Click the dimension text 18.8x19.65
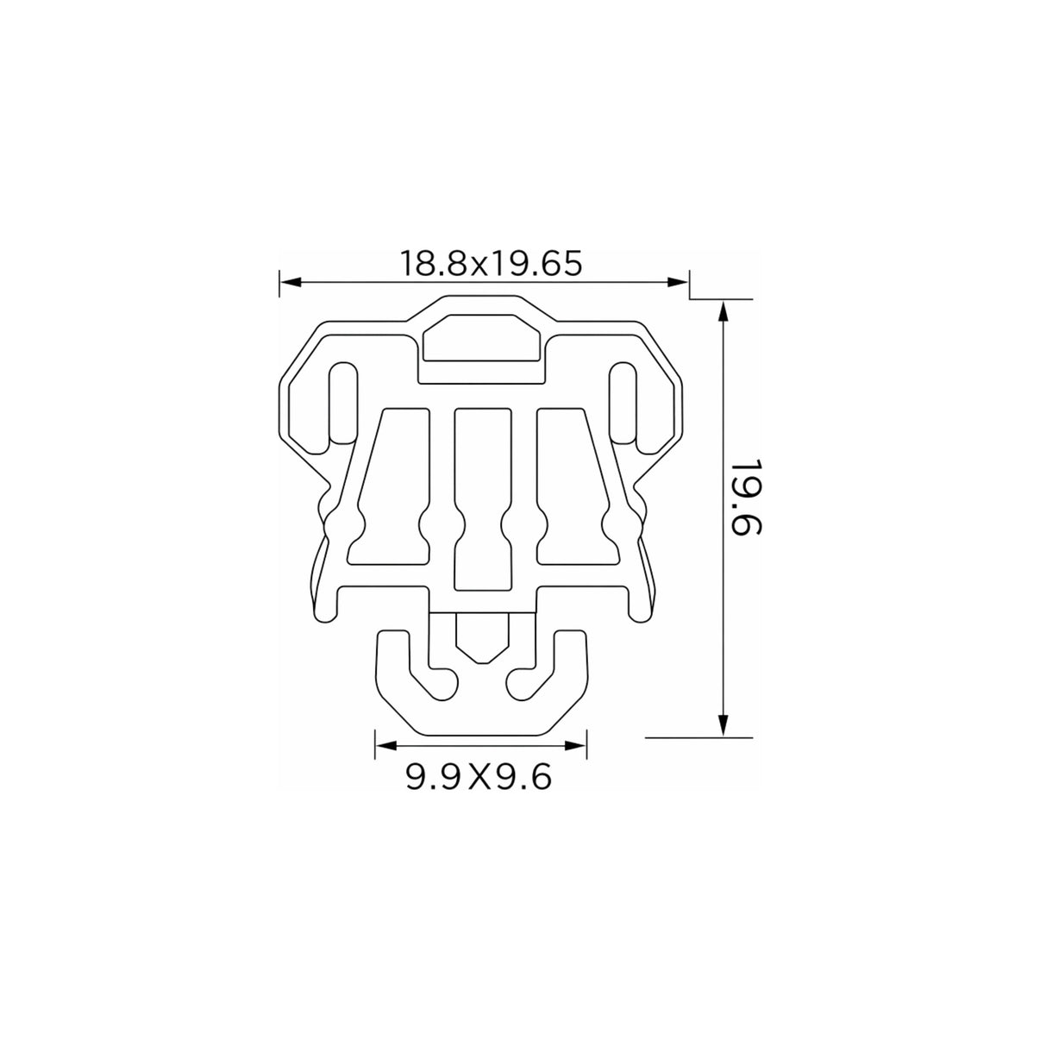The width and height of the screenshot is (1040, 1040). (491, 263)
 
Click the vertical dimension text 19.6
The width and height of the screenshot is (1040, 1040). (745, 498)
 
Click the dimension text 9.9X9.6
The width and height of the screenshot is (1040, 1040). (478, 778)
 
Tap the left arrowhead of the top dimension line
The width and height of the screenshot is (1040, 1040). (291, 282)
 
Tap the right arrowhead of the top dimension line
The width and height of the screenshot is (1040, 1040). (678, 282)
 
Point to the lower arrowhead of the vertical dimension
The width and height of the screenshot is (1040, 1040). (724, 724)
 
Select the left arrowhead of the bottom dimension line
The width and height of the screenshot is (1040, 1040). (385, 746)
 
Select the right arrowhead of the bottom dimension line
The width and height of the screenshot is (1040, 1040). (575, 746)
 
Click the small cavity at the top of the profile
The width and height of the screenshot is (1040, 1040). (481, 337)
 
